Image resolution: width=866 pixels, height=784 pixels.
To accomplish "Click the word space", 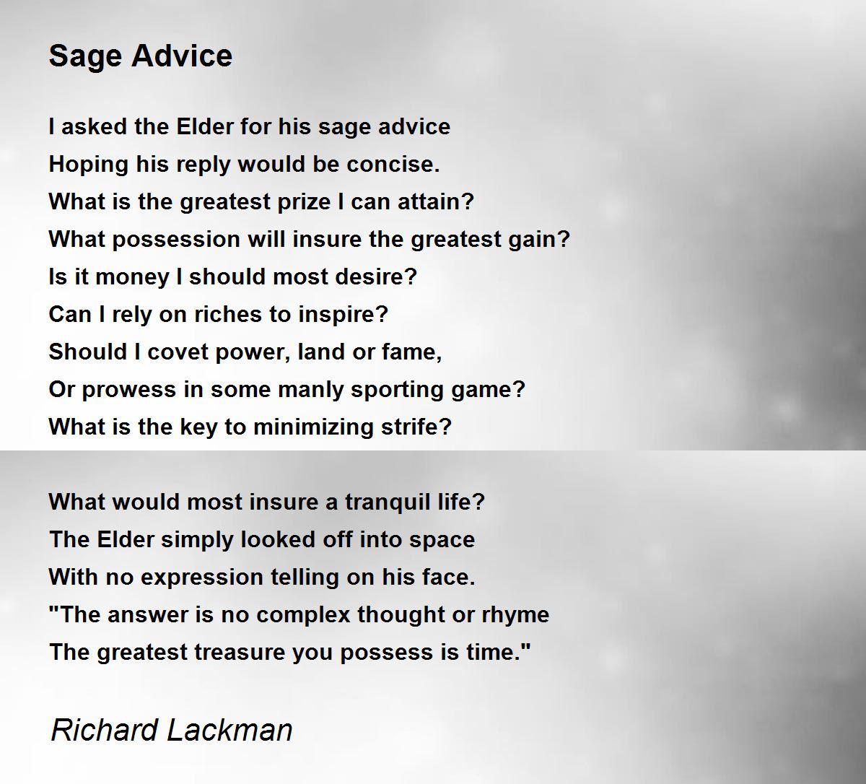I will pos(445,540).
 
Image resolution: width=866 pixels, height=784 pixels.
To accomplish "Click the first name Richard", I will pos(104,730).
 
